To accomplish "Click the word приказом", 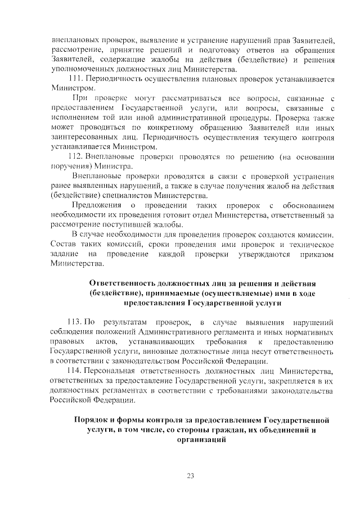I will tap(316, 254).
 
